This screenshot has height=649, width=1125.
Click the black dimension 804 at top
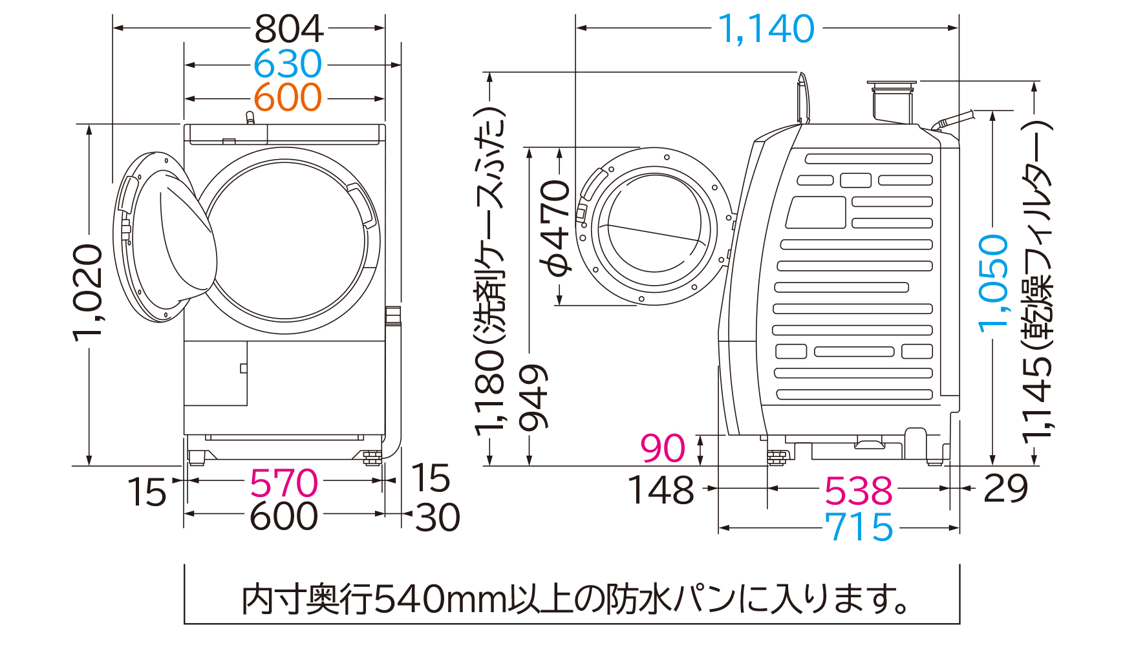[x=288, y=29]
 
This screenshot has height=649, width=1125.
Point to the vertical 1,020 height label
[x=88, y=292]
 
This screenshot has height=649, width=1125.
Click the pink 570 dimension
[x=284, y=483]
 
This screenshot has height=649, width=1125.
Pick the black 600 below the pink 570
[x=284, y=516]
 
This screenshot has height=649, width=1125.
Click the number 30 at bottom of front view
[x=437, y=517]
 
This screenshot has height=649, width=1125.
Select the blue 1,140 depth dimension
[x=766, y=29]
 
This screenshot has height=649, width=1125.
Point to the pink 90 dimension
[x=662, y=448]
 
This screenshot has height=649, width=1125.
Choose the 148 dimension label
[x=661, y=490]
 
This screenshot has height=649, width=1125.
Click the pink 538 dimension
[x=858, y=491]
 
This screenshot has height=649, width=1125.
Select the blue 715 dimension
[x=858, y=527]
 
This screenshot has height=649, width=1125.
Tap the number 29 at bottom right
[x=1005, y=489]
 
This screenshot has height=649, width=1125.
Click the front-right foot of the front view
[x=371, y=458]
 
